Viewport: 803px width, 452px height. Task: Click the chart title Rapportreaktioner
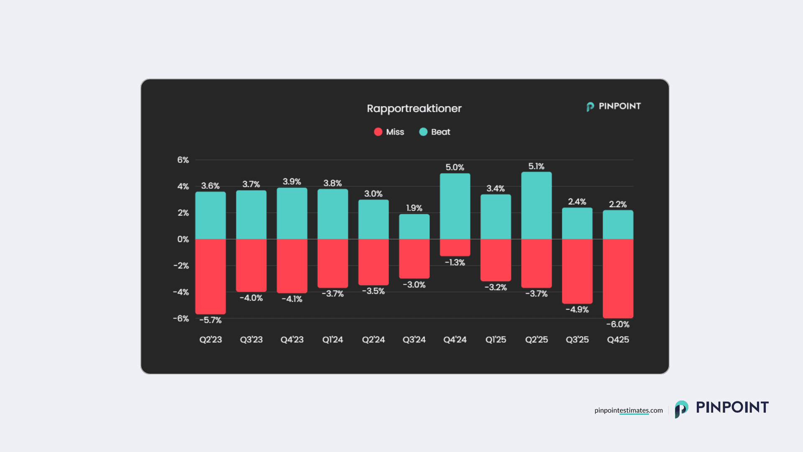pyautogui.click(x=414, y=108)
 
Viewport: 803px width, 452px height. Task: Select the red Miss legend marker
pyautogui.click(x=378, y=132)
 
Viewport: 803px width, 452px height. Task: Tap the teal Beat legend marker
pyautogui.click(x=423, y=132)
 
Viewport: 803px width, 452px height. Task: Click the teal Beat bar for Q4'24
pyautogui.click(x=455, y=206)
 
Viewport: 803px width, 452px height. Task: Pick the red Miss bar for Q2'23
pyautogui.click(x=210, y=276)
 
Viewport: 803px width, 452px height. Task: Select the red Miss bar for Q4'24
pyautogui.click(x=455, y=247)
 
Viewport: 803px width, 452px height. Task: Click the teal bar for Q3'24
pyautogui.click(x=414, y=227)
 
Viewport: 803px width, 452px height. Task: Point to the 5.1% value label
pyautogui.click(x=536, y=166)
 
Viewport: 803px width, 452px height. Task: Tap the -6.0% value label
pyautogui.click(x=618, y=324)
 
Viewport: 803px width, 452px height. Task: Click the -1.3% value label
pyautogui.click(x=455, y=262)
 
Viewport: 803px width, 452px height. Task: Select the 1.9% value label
pyautogui.click(x=414, y=208)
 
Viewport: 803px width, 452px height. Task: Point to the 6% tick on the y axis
pyautogui.click(x=183, y=160)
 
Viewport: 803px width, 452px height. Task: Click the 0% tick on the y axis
pyautogui.click(x=183, y=239)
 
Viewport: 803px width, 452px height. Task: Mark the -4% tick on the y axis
pyautogui.click(x=181, y=292)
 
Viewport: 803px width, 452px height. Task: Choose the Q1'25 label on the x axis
pyautogui.click(x=496, y=339)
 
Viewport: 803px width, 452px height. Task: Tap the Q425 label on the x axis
pyautogui.click(x=618, y=339)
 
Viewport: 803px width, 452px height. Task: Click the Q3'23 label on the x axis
pyautogui.click(x=251, y=339)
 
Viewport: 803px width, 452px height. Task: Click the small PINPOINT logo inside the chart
pyautogui.click(x=613, y=106)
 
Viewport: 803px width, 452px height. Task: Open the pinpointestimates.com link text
pyautogui.click(x=628, y=410)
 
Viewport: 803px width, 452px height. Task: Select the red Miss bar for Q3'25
pyautogui.click(x=577, y=271)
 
